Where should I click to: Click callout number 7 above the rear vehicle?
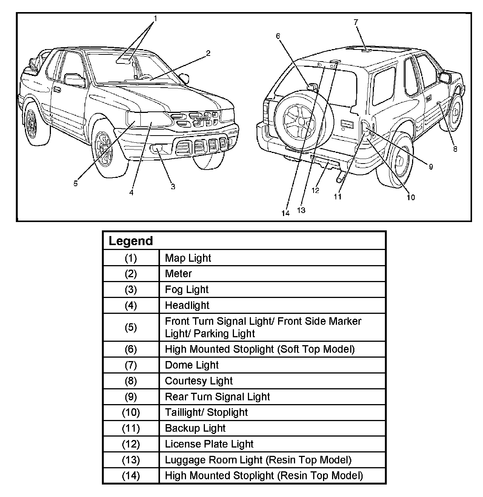pos(356,22)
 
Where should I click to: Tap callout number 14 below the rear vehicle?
pos(285,213)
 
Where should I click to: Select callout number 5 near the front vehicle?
pos(75,183)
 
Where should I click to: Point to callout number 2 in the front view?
pos(208,53)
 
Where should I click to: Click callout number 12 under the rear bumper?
pos(315,190)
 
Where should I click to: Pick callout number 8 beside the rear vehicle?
pos(455,149)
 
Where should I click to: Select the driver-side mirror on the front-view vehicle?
pos(75,80)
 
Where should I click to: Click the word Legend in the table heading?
pos(131,241)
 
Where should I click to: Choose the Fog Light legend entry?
pos(187,290)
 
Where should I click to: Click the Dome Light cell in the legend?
pos(192,365)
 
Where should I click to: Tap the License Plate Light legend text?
pos(209,444)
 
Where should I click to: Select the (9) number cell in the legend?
pos(131,397)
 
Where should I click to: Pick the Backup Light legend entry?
pos(195,428)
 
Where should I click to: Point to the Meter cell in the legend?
pos(178,274)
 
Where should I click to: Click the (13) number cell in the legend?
pos(131,460)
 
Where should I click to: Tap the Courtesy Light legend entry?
pos(198,381)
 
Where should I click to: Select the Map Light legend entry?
pos(188,258)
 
